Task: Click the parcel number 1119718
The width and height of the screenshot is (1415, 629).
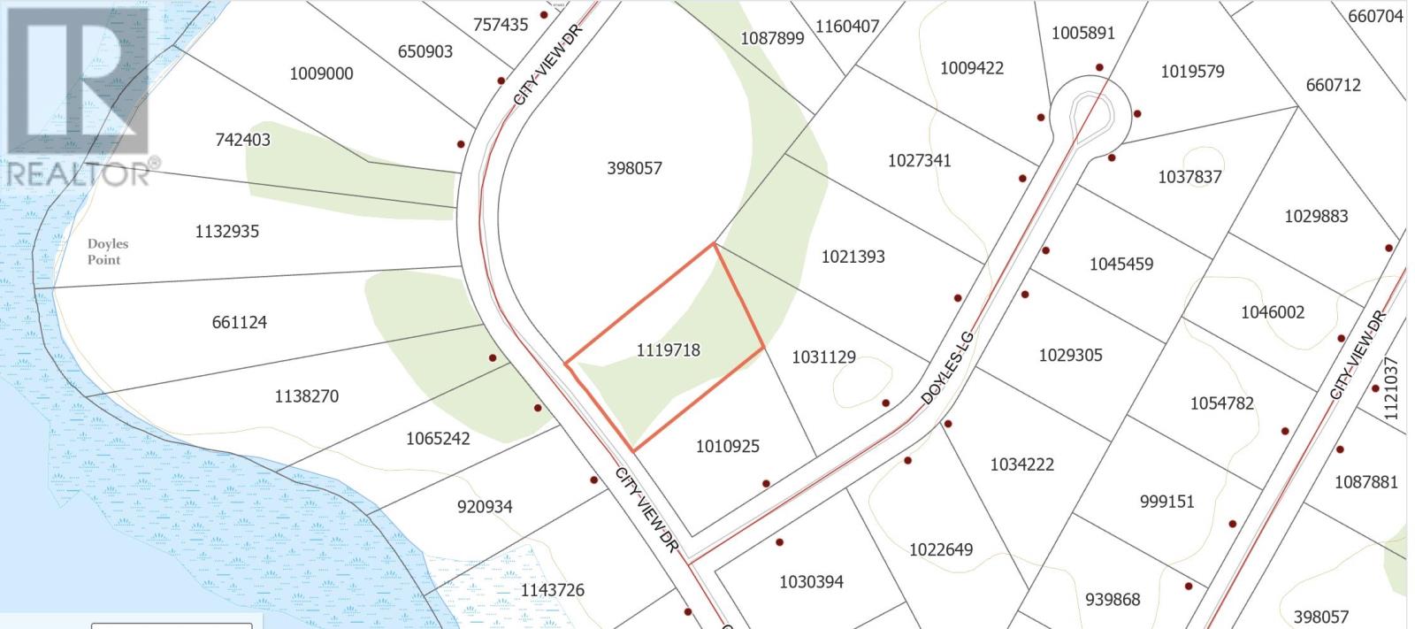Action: tap(668, 350)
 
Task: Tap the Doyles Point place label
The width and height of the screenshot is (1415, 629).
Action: tap(108, 252)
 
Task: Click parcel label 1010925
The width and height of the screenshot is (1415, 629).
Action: tap(727, 447)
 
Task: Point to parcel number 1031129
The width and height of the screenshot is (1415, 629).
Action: tap(823, 357)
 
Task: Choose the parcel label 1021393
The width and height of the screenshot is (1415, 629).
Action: tap(853, 257)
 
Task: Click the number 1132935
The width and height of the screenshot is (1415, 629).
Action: tap(226, 232)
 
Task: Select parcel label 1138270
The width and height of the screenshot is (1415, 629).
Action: tap(306, 396)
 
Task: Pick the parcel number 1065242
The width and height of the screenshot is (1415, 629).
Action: tap(438, 439)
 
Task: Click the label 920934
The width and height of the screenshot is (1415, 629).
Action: tap(485, 507)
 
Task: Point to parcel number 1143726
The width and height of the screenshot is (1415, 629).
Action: tap(552, 590)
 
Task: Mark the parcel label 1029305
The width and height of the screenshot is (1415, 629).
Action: tap(1070, 355)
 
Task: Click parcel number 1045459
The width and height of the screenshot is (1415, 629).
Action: tap(1121, 264)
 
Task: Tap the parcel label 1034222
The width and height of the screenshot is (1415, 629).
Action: tap(1021, 464)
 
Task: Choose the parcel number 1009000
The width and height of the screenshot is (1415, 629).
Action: tap(321, 73)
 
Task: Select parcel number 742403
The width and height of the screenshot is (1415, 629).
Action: tap(242, 140)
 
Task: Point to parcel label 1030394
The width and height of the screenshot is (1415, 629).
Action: tap(811, 582)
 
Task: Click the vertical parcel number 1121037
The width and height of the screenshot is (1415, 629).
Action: tap(1391, 388)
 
